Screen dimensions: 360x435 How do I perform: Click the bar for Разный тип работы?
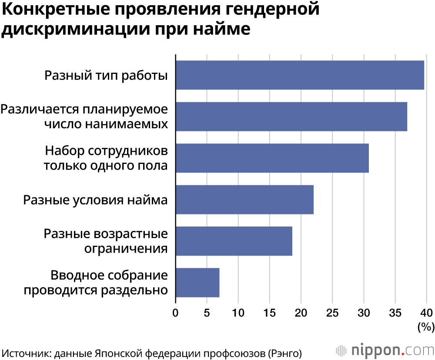300,75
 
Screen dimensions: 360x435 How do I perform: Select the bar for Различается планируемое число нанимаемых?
291,117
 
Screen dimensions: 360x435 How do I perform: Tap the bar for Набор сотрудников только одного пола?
272,158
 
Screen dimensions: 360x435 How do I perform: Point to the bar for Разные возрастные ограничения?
234,241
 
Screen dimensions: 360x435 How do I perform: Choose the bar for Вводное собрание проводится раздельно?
197,283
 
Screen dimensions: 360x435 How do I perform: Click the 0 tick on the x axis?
176,313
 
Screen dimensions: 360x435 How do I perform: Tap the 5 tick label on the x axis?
207,313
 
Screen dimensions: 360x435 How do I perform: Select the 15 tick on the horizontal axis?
270,313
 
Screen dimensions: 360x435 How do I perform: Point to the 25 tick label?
332,313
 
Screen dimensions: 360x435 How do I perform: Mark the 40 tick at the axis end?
426,313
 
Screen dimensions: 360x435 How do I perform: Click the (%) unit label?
426,327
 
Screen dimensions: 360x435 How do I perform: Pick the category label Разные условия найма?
95,200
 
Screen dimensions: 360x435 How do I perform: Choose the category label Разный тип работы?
106,75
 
